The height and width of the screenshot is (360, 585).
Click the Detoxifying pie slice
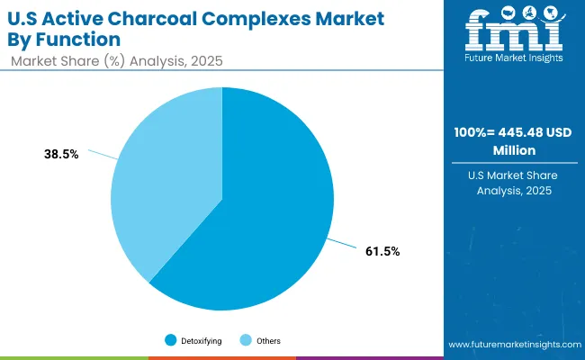tap(261, 225)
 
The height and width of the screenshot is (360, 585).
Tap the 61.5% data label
tap(383, 252)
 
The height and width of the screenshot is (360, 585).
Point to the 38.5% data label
tap(62, 154)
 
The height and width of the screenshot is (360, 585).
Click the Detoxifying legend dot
tap(170, 340)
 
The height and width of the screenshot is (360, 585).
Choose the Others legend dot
tap(246, 340)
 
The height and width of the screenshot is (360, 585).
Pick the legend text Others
tap(267, 340)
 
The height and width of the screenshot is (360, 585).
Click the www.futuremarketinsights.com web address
tap(513, 345)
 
